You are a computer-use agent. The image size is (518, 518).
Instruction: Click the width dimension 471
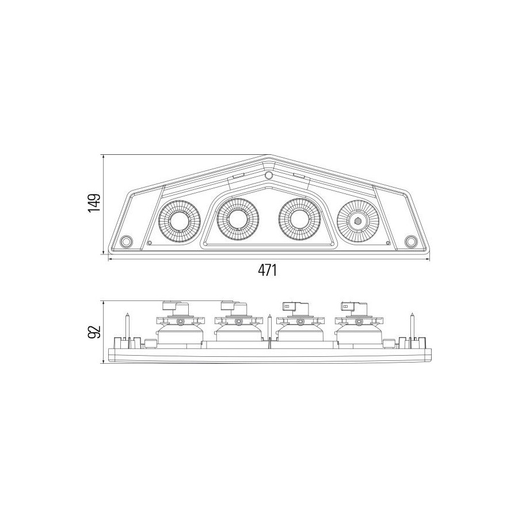click(267, 271)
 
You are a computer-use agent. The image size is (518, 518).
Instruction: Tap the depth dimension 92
click(94, 332)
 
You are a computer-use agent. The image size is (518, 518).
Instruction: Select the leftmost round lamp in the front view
click(180, 221)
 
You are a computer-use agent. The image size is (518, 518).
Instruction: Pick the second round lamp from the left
click(238, 219)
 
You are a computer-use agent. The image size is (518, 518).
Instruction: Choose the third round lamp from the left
click(299, 219)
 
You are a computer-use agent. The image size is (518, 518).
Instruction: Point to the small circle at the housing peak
click(269, 175)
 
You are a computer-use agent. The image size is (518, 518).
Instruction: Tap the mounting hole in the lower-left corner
click(126, 242)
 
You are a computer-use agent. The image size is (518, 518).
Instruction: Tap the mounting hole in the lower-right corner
click(410, 242)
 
